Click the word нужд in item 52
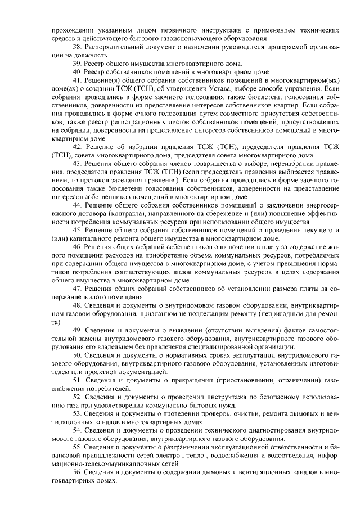click(225, 405)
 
